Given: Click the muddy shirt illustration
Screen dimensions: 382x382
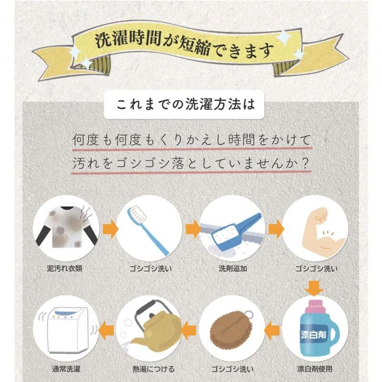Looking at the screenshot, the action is click(x=65, y=227).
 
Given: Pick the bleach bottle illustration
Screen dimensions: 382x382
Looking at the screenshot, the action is click(x=317, y=328).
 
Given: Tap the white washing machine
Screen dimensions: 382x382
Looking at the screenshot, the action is click(x=66, y=329).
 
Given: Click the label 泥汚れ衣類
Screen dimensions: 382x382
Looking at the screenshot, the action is click(x=64, y=268).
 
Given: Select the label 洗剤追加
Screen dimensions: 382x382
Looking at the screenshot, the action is click(x=233, y=268).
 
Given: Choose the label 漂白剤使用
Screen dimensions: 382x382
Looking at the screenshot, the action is click(x=315, y=369).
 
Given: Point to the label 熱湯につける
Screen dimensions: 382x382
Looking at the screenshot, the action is click(x=154, y=369).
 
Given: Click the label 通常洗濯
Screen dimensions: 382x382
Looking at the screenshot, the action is click(x=66, y=369).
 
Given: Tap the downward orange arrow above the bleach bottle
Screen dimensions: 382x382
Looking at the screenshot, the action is click(x=314, y=288).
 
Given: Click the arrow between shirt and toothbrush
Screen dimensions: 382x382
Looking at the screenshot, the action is click(x=110, y=229).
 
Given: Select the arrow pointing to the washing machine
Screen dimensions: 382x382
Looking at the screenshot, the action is click(x=106, y=330).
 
